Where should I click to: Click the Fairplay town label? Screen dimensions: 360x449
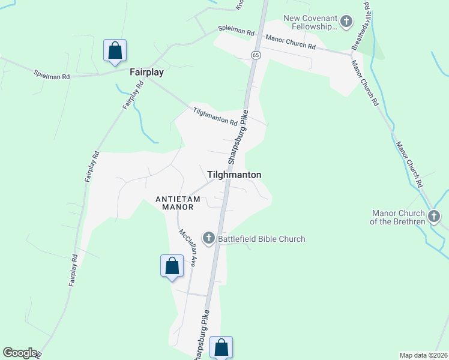[147, 72]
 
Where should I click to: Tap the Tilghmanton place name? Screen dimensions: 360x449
[234, 175]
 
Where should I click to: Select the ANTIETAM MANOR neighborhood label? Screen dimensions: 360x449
[174, 203]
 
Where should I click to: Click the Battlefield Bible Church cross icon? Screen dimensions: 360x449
[209, 239]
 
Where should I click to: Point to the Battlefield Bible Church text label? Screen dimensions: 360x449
[261, 239]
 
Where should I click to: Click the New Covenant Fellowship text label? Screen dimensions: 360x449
[312, 23]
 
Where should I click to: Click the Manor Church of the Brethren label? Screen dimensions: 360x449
[398, 217]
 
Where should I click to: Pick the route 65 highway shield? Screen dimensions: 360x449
[256, 55]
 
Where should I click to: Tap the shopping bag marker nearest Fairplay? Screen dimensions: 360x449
[115, 50]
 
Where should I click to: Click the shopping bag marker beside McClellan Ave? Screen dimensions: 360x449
[172, 266]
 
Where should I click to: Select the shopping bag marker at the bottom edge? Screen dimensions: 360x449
[221, 347]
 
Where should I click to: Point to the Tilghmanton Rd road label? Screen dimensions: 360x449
[215, 116]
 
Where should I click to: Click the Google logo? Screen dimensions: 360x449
[20, 353]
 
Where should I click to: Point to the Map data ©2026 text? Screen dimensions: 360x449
[423, 355]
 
